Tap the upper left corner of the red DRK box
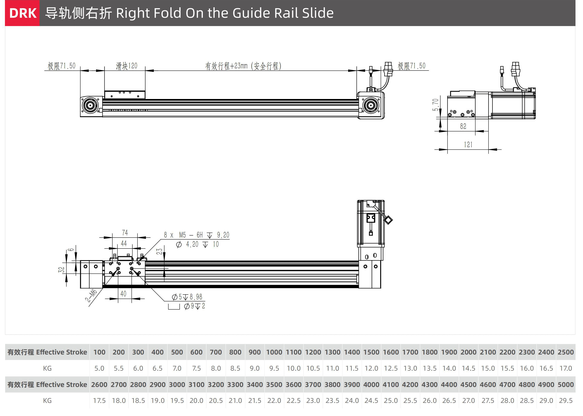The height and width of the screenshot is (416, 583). pyautogui.click(x=5, y=0)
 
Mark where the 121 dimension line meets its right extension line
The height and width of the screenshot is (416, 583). pyautogui.click(x=488, y=149)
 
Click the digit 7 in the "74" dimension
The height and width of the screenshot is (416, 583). pyautogui.click(x=123, y=233)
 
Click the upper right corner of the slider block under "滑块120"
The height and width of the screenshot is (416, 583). pyautogui.click(x=145, y=91)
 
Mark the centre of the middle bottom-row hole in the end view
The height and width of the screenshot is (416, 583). pyautogui.click(x=462, y=115)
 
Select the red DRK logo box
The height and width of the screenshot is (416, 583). pyautogui.click(x=22, y=13)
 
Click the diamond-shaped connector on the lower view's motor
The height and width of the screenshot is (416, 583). pyautogui.click(x=388, y=220)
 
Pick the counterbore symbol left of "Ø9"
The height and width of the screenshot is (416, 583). pyautogui.click(x=174, y=307)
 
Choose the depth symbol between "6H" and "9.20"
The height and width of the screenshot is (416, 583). pyautogui.click(x=210, y=235)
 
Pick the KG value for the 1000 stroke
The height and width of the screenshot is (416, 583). pyautogui.click(x=274, y=368)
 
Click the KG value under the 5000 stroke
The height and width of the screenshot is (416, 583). pyautogui.click(x=566, y=400)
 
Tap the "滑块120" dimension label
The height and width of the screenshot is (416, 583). pyautogui.click(x=127, y=66)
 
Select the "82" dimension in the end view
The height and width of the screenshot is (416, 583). pyautogui.click(x=463, y=126)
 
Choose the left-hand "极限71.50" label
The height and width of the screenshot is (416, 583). pyautogui.click(x=61, y=66)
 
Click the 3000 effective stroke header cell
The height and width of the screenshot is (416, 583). pyautogui.click(x=177, y=384)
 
